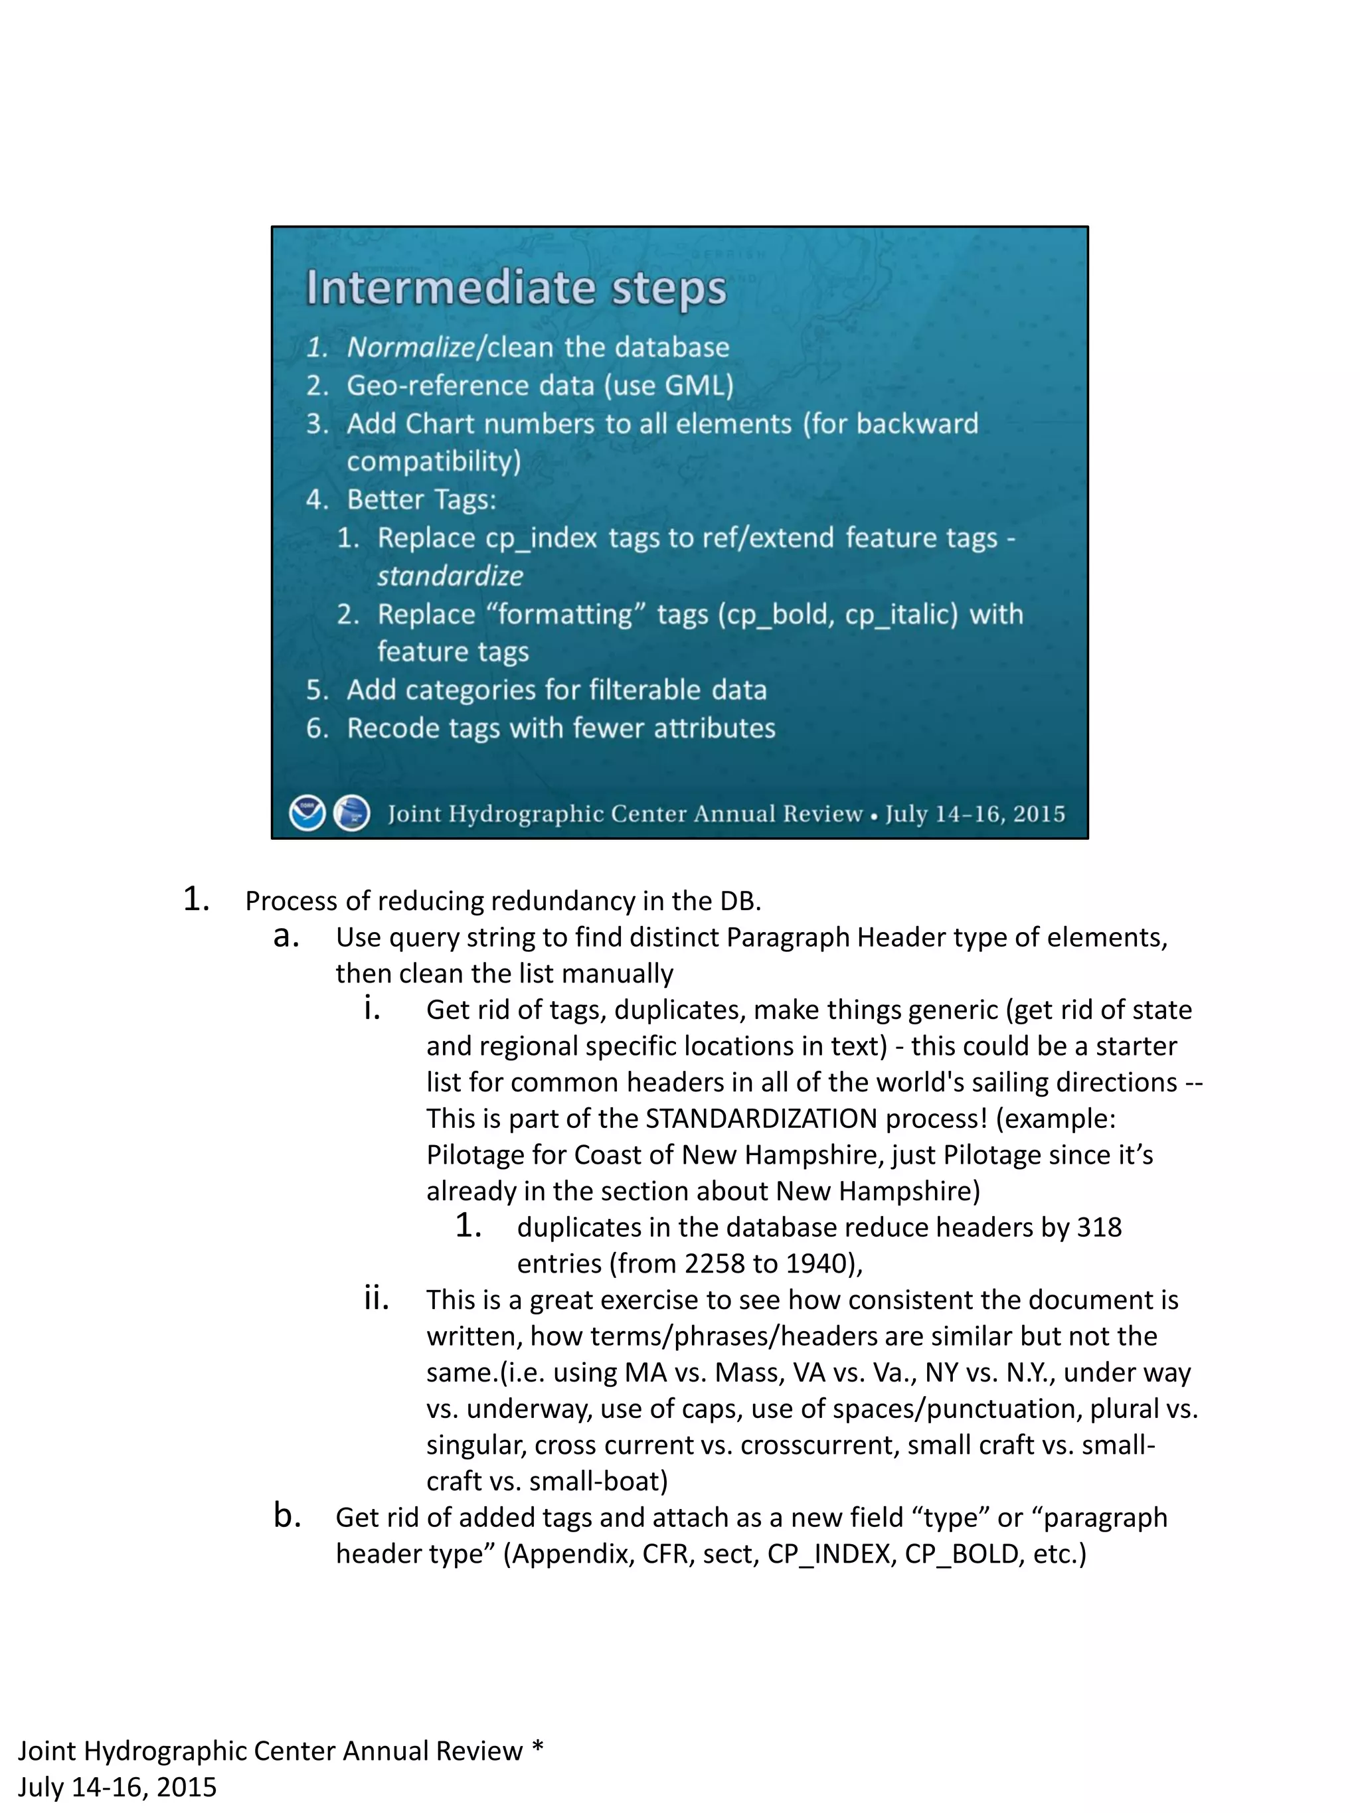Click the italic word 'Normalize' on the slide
(410, 347)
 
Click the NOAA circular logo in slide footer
(307, 814)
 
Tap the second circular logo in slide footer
(353, 814)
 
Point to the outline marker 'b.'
(287, 1516)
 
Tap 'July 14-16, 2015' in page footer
(118, 1786)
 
